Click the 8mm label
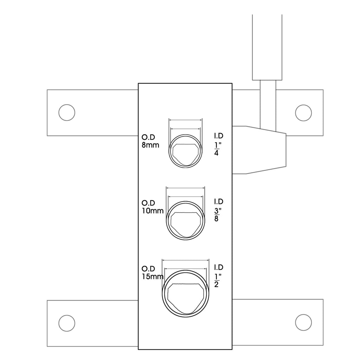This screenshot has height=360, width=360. [150, 145]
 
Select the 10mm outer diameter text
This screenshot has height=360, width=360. [153, 211]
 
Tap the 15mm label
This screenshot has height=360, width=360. [153, 277]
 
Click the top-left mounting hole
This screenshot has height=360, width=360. [67, 112]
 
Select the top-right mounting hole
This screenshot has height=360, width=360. [303, 113]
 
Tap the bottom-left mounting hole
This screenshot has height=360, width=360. [67, 323]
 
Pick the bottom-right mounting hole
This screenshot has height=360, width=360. [303, 323]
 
